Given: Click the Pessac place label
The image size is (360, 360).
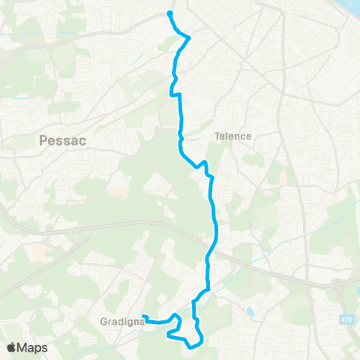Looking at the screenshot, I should click(58, 139).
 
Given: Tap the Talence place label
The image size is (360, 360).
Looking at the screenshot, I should click(232, 136).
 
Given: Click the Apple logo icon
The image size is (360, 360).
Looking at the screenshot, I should click(11, 348).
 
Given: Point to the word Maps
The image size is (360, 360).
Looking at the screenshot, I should click(33, 348).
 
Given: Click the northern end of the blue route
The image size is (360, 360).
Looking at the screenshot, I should click(170, 13).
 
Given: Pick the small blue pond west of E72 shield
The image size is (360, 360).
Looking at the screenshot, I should click(250, 309).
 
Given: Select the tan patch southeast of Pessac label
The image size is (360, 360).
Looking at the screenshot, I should click(118, 190).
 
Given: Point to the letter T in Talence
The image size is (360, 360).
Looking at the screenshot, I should click(217, 136).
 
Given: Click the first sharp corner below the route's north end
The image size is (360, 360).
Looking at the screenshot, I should click(188, 37).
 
